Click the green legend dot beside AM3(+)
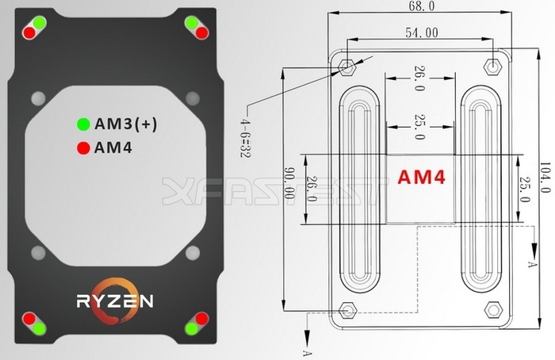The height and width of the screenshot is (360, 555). [82, 124]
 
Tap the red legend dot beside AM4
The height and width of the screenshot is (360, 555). [82, 147]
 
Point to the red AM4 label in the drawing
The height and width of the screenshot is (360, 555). [419, 178]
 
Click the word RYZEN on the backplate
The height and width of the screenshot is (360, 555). [115, 301]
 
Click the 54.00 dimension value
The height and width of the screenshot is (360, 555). [421, 33]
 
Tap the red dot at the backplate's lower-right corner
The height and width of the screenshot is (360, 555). [201, 319]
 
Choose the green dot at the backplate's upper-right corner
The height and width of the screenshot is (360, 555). [192, 22]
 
